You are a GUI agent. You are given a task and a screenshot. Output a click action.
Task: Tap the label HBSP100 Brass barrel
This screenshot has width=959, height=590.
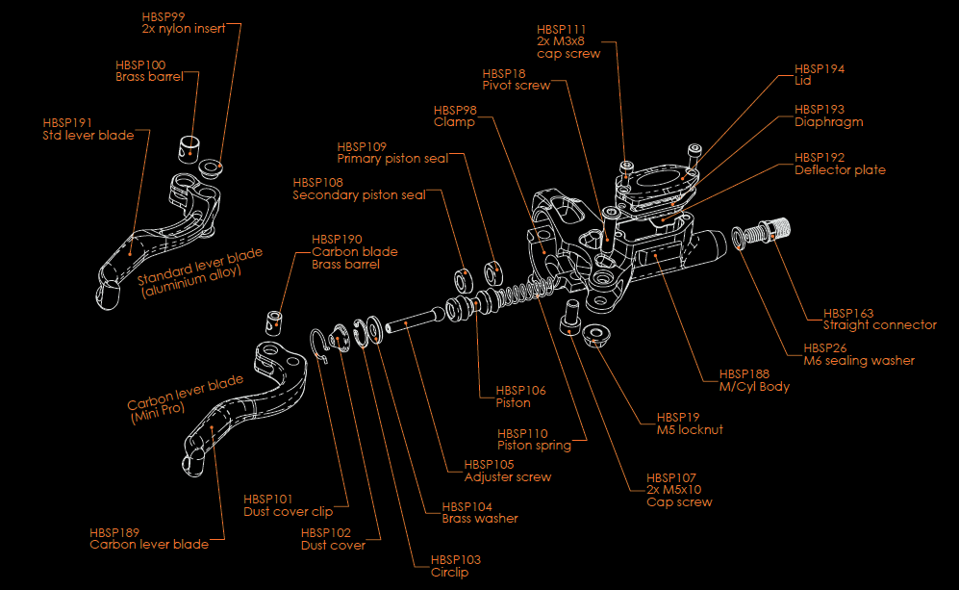pos(148,71)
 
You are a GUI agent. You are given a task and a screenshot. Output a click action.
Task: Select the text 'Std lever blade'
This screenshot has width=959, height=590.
pos(88,136)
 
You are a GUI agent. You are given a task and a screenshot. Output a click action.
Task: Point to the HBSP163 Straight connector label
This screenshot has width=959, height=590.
pos(879,320)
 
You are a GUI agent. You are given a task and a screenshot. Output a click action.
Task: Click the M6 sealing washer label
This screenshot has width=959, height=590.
pos(859,360)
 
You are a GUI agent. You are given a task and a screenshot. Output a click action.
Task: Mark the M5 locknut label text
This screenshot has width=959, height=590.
pos(690,429)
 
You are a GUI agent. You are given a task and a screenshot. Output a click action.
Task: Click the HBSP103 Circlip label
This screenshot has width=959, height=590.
pos(455,566)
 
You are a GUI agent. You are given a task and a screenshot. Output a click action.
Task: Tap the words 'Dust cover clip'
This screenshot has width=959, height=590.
pos(288,511)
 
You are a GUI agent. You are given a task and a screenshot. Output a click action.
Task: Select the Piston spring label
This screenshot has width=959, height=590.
pos(534,445)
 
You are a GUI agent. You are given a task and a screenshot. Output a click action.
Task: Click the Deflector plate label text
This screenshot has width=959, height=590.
pos(840,170)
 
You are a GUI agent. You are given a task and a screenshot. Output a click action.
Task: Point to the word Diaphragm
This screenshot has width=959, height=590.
pos(828,122)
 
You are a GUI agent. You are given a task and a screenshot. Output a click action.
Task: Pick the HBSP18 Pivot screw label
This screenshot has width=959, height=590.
pos(517,80)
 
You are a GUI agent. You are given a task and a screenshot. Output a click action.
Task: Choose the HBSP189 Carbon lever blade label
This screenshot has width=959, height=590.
pos(149,538)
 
